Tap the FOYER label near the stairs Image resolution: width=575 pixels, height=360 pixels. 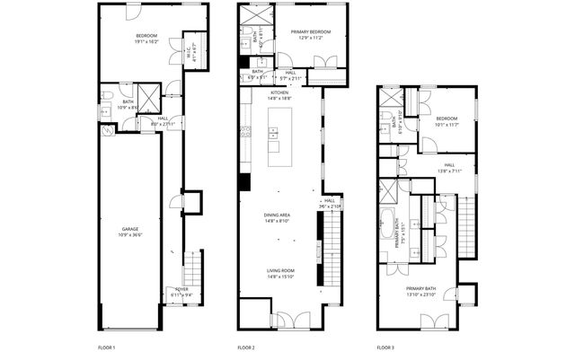[181, 289]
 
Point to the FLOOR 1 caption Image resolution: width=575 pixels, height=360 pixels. [107, 347]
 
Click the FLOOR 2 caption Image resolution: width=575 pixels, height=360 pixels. [246, 347]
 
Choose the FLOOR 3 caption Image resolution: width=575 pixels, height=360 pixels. [386, 347]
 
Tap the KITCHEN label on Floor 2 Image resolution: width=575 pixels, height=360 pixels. [279, 92]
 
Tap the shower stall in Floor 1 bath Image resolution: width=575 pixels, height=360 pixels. [148, 97]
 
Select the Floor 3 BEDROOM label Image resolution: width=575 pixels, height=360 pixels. [447, 119]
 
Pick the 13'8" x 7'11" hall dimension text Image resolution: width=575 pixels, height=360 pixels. [448, 170]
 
